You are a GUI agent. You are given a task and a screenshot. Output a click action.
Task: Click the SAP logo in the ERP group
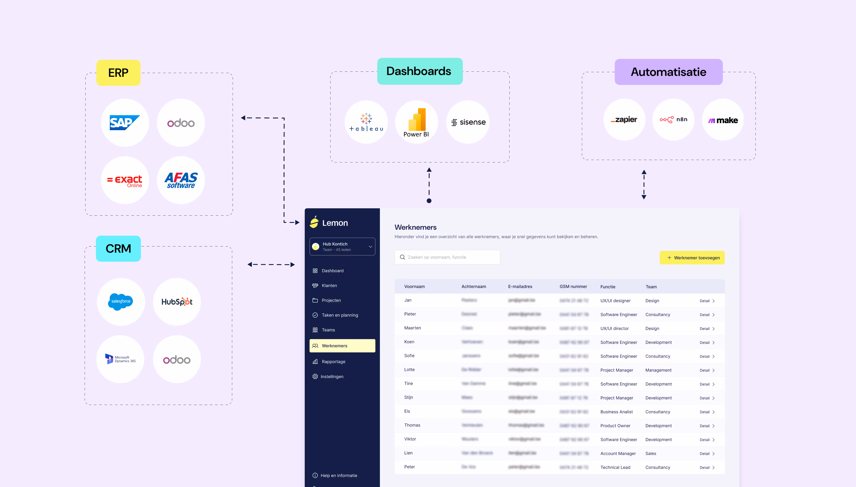click(x=125, y=123)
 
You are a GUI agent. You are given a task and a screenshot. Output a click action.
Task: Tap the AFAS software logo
click(x=181, y=180)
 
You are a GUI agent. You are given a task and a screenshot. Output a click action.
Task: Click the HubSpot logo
click(x=177, y=302)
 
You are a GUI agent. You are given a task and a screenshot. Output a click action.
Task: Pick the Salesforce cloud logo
click(x=121, y=302)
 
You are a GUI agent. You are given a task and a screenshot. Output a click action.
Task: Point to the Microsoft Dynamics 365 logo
click(x=121, y=359)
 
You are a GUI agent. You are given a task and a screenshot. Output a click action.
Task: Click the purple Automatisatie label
click(x=669, y=72)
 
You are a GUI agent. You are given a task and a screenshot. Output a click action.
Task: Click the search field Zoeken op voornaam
click(x=447, y=257)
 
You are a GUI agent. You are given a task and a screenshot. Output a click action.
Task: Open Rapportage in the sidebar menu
click(x=333, y=362)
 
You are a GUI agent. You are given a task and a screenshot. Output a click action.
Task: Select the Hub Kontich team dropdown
click(x=342, y=246)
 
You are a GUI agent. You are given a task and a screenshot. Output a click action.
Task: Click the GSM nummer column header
click(x=573, y=287)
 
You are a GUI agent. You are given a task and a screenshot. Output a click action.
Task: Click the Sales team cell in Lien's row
click(x=650, y=453)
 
